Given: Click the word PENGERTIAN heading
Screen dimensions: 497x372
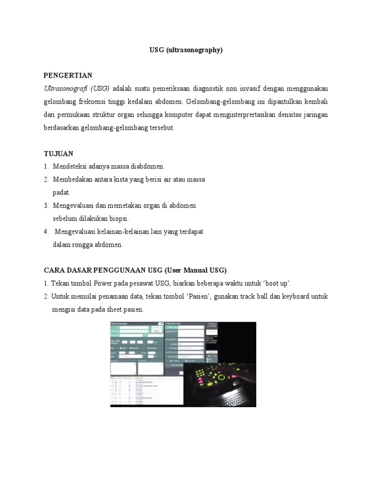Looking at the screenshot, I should click(x=68, y=75).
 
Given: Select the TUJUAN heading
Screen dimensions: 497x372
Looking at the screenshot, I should click(x=58, y=153).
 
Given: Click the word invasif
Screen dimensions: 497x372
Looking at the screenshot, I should click(x=247, y=89).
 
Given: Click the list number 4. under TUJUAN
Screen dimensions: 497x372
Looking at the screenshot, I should click(x=46, y=232).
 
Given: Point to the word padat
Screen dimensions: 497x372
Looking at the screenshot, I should click(x=61, y=193).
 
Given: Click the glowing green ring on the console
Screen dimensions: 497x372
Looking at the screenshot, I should click(x=222, y=377).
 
